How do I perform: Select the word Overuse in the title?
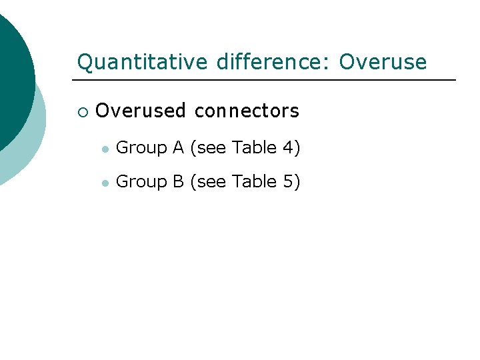[383, 62]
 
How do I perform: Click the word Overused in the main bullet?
[141, 111]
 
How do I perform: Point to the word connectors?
[247, 111]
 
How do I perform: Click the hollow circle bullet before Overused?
[82, 111]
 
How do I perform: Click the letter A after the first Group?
[178, 147]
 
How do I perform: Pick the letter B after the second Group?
[178, 181]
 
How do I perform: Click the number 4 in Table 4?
[287, 147]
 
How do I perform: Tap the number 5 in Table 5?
[287, 181]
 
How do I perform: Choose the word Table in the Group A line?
[255, 147]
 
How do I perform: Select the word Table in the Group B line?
[255, 181]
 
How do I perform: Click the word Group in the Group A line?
[141, 148]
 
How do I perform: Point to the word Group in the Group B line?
[141, 181]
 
